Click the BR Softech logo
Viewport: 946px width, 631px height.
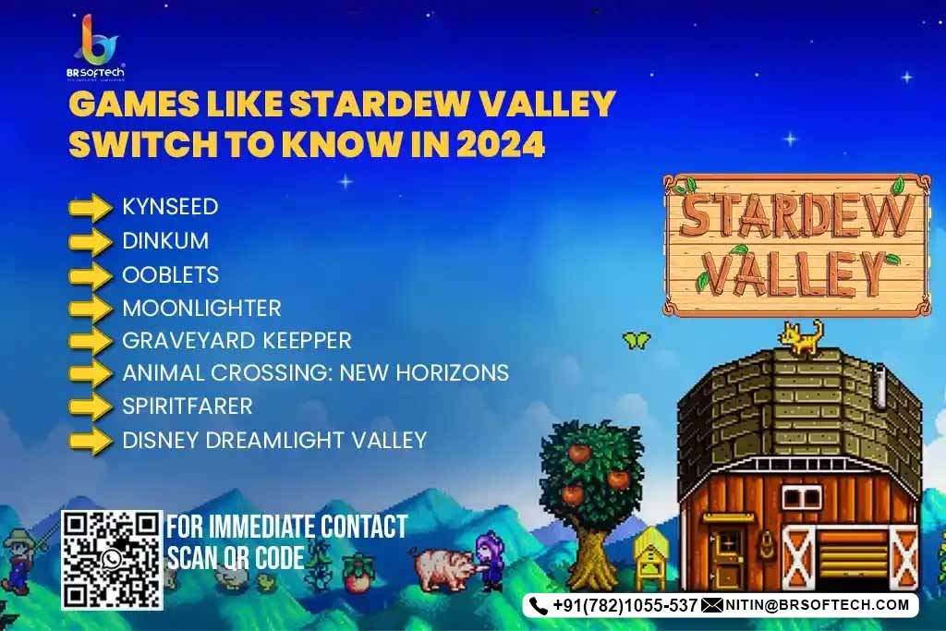click(95, 47)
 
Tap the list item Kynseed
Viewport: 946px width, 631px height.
click(170, 207)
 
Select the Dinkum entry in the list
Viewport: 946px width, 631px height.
click(165, 241)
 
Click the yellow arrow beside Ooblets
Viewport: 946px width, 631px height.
click(91, 275)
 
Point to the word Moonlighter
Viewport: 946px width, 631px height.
click(202, 309)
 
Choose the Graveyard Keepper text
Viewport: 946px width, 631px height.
click(237, 341)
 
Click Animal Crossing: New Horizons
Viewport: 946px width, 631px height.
click(316, 373)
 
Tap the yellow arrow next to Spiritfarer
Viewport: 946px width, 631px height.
click(91, 406)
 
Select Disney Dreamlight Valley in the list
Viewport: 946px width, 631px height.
click(274, 441)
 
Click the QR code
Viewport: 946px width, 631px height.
click(112, 560)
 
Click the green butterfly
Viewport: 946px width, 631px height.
click(636, 340)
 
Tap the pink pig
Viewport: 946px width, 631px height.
click(444, 569)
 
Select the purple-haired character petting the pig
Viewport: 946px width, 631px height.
click(490, 562)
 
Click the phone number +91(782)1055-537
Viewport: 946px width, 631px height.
click(625, 605)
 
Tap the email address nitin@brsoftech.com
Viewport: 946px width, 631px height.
click(817, 605)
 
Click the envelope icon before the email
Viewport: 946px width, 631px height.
click(712, 605)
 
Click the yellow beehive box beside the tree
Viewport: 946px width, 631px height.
click(649, 557)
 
